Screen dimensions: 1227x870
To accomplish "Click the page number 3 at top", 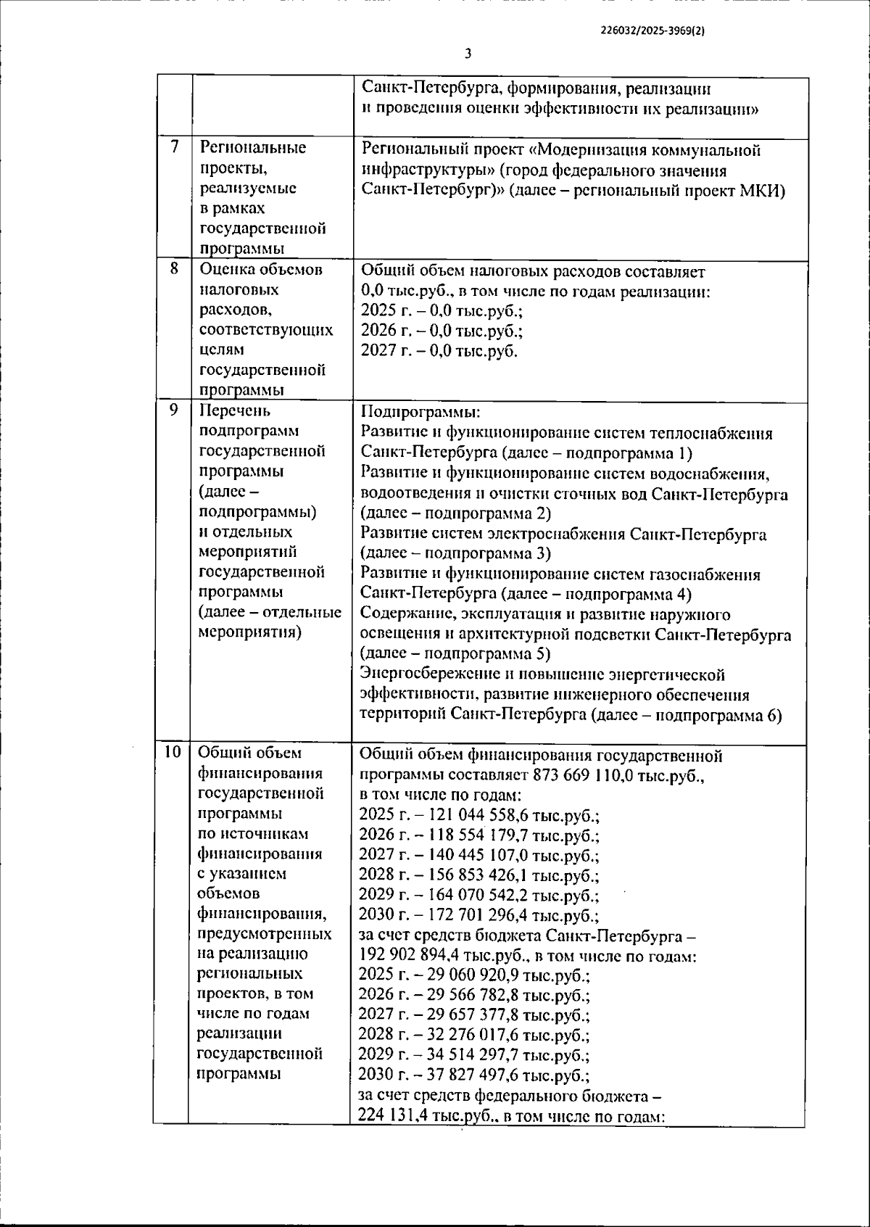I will (468, 54).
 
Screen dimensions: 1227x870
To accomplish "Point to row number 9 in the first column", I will (174, 410).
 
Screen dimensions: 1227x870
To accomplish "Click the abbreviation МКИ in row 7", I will (767, 191).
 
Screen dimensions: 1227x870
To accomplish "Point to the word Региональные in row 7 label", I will (252, 148).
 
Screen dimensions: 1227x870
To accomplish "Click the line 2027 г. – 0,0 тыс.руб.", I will (439, 351).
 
